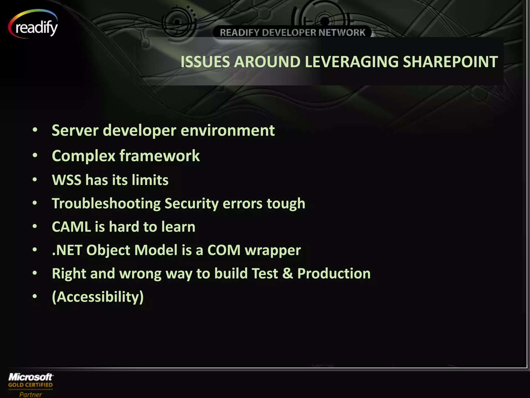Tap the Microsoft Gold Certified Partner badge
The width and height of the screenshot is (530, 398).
pos(31,385)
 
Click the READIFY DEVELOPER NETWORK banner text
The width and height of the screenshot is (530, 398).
pos(292,33)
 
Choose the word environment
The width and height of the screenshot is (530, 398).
pos(227,130)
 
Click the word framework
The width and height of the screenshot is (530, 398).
pos(159,156)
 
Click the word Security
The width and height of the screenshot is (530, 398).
pos(192,203)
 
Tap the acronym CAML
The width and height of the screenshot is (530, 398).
pos(71,227)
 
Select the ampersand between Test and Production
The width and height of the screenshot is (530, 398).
pos(288,274)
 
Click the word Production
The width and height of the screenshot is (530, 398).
pos(334,274)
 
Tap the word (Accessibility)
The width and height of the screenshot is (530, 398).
pos(98,297)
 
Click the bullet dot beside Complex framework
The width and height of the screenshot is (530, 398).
pos(35,155)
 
